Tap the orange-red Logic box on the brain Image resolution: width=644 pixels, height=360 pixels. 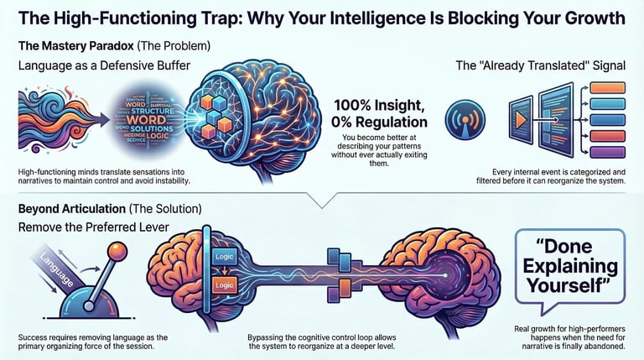(x=224, y=285)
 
